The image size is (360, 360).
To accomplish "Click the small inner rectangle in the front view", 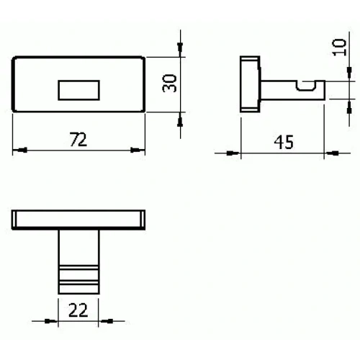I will [77, 89].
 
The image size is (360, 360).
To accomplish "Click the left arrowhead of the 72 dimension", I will [19, 150].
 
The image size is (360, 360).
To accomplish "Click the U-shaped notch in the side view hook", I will [307, 89].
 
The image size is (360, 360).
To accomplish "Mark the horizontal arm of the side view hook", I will [284, 91].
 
